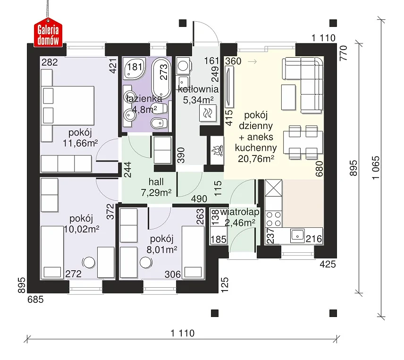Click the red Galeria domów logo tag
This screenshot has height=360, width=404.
[x=48, y=33]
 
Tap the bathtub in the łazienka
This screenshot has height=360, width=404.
[x=161, y=78]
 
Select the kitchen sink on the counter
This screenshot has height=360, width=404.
[x=298, y=236]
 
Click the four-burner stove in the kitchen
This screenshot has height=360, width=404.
[x=274, y=219]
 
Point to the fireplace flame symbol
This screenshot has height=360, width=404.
[x=217, y=151]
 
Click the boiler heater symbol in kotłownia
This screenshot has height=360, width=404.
[x=208, y=113]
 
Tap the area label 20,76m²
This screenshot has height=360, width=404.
[x=256, y=159]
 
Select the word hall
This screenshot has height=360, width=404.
[x=156, y=182]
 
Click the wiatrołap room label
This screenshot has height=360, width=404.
[x=240, y=212]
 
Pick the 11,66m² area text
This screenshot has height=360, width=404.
[x=80, y=143]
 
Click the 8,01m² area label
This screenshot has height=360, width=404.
[x=162, y=249]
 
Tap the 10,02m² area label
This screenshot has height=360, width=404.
[x=82, y=229]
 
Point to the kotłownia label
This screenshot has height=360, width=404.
[x=198, y=89]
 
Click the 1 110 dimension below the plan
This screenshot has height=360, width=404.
[x=183, y=333]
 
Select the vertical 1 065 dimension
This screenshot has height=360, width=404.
[x=376, y=168]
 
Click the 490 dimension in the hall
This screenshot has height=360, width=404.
[x=199, y=199]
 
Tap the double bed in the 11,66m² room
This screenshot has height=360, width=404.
[x=68, y=106]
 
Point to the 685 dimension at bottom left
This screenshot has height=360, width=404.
[x=35, y=300]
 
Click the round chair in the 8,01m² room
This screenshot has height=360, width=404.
[x=146, y=263]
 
